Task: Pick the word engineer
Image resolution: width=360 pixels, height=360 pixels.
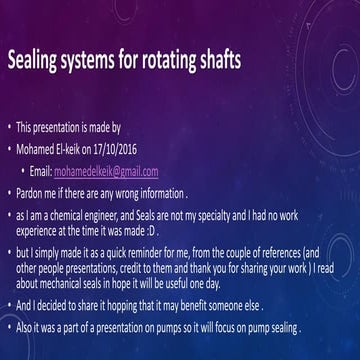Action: (147, 215)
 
